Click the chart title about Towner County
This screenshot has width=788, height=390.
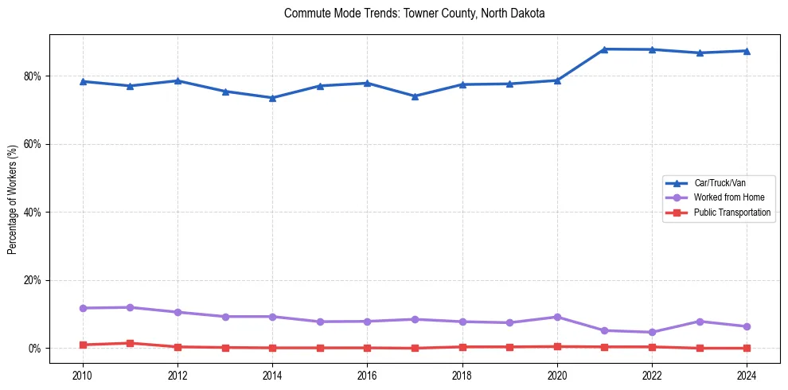[x=414, y=14]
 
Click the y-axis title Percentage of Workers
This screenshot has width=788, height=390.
[x=13, y=198]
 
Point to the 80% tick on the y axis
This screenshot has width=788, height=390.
[x=33, y=76]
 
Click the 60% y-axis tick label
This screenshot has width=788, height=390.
[x=33, y=144]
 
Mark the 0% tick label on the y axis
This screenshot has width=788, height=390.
[x=35, y=349]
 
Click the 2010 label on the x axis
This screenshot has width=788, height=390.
[x=82, y=375]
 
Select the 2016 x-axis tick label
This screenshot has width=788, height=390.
[x=367, y=375]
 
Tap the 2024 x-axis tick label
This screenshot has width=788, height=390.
[x=747, y=375]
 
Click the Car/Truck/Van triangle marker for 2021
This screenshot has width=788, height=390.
[x=604, y=49]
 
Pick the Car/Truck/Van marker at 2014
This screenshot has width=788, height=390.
[x=272, y=98]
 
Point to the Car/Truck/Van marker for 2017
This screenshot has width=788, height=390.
[x=415, y=96]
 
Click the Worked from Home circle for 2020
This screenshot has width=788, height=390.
[x=557, y=317]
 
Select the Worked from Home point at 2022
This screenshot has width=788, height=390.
[x=652, y=332]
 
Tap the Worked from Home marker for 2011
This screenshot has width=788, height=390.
[x=130, y=307]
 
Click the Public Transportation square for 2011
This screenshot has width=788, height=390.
[x=130, y=343]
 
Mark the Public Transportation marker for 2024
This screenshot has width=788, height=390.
[x=747, y=348]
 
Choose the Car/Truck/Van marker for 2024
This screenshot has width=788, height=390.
[x=747, y=51]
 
